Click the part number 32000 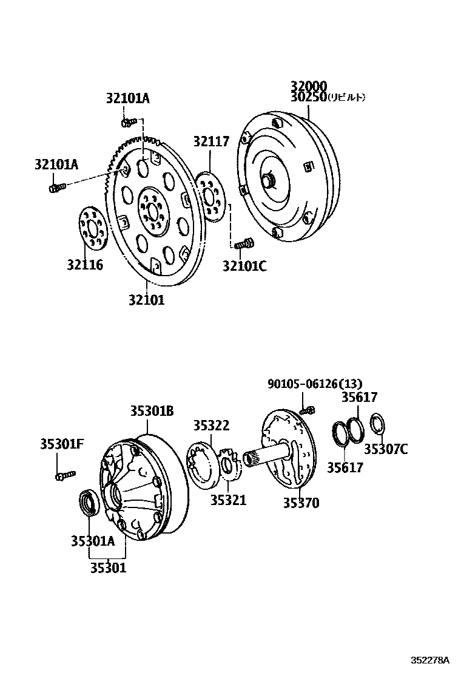tap(308, 86)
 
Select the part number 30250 tap(308, 97)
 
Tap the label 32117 tap(211, 142)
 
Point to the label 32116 tap(85, 265)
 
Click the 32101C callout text tap(244, 265)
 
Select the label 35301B tap(151, 411)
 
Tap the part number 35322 tap(211, 426)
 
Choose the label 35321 tap(228, 500)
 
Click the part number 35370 tap(301, 503)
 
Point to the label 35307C tap(386, 449)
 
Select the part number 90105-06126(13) tap(315, 384)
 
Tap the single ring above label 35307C tap(377, 423)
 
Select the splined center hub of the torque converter tap(269, 181)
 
